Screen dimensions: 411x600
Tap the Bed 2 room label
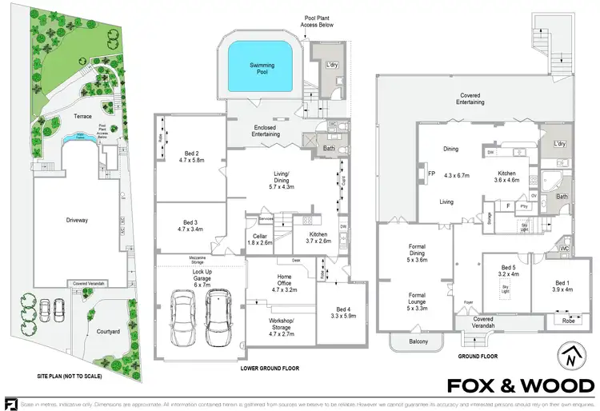point(192,157)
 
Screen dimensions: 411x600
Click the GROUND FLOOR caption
point(478,356)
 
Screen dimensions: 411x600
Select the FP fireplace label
point(430,173)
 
